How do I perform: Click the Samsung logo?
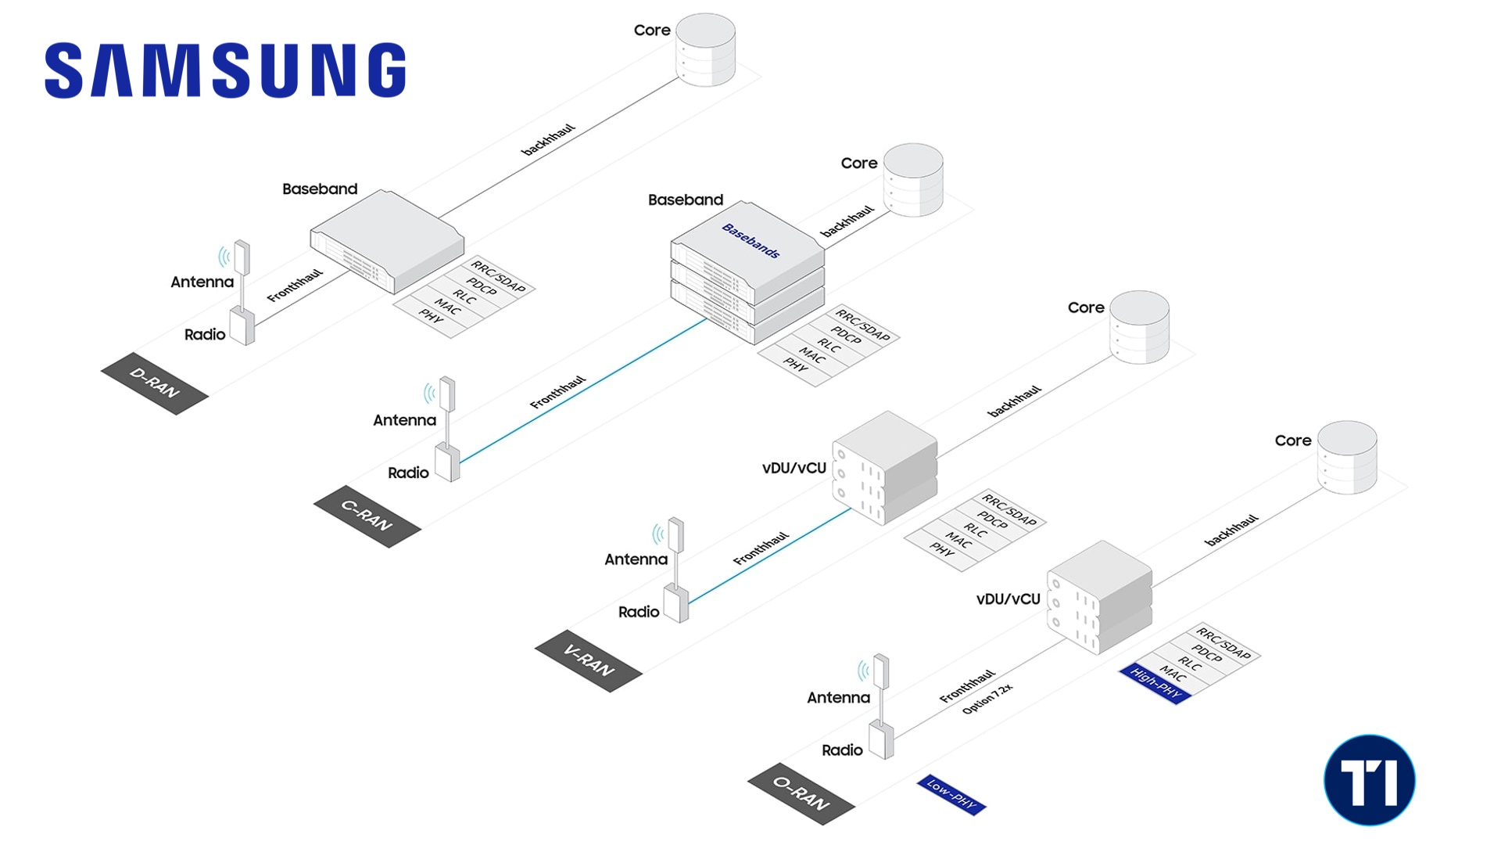225,70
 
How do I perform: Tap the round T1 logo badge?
1370,780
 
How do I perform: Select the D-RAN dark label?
155,383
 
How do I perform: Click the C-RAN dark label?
367,516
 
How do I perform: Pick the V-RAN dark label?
589,661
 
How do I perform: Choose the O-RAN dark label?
801,793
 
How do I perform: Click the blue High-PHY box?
1155,684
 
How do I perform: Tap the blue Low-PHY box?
951,795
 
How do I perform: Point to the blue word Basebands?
750,240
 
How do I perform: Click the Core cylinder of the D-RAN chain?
705,49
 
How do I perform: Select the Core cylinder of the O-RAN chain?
1346,458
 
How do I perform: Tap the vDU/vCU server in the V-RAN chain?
886,467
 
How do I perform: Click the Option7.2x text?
987,698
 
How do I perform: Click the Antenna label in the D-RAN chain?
202,282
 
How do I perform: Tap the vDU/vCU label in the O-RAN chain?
1008,599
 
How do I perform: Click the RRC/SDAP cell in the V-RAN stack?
1009,509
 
